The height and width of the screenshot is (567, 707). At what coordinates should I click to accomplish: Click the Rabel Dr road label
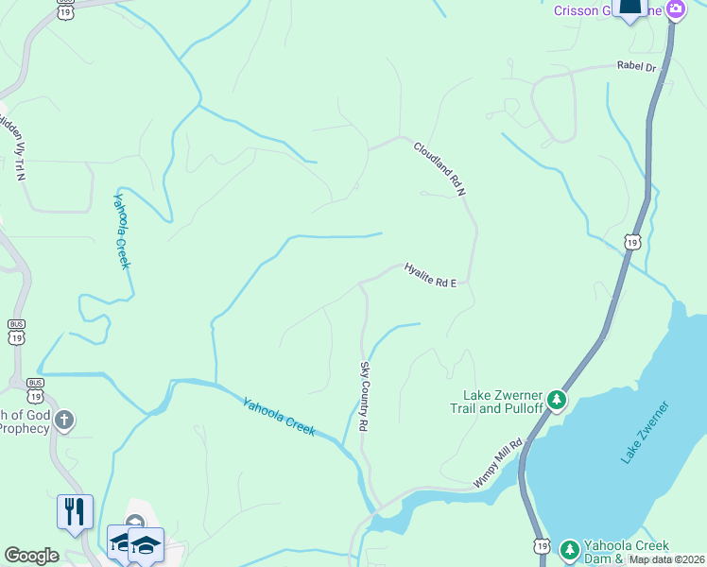coord(635,67)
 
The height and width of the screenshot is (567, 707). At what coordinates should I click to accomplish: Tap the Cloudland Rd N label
coord(440,168)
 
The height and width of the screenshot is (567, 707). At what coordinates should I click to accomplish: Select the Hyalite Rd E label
coord(430,274)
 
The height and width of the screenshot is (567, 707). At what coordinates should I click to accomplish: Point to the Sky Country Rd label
coord(363,395)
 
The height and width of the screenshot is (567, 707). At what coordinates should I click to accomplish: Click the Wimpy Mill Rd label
coord(498,463)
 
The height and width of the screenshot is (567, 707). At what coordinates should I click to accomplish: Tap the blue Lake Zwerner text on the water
coord(645,432)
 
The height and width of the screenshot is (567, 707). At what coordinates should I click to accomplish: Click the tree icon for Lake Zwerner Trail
coord(558,401)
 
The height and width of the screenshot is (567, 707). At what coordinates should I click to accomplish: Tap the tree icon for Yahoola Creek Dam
coord(569,549)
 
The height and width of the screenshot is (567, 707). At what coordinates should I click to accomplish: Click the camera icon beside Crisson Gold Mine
coord(675,10)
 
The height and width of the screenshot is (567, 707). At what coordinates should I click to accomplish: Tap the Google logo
coord(31,556)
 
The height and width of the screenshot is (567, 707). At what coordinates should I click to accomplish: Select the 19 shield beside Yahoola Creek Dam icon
coord(541,545)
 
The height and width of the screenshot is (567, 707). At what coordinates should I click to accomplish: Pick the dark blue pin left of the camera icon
coord(629,9)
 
